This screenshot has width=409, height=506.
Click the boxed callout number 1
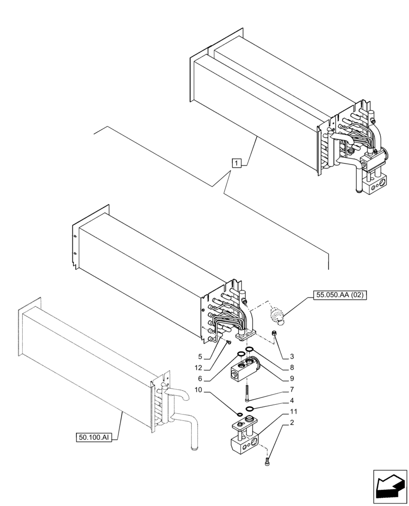click(237, 162)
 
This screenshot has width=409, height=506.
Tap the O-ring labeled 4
click(250, 409)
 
